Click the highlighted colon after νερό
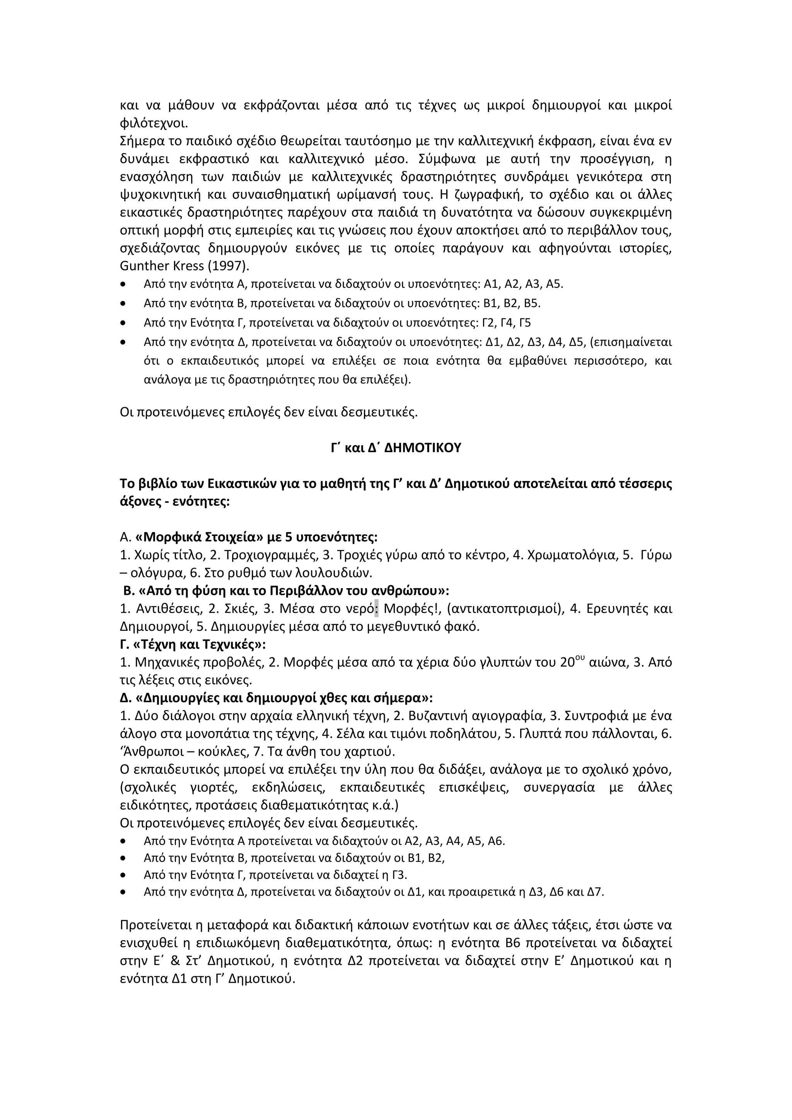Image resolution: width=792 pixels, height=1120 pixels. click(x=376, y=609)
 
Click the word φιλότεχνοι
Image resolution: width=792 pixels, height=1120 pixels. click(x=153, y=123)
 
